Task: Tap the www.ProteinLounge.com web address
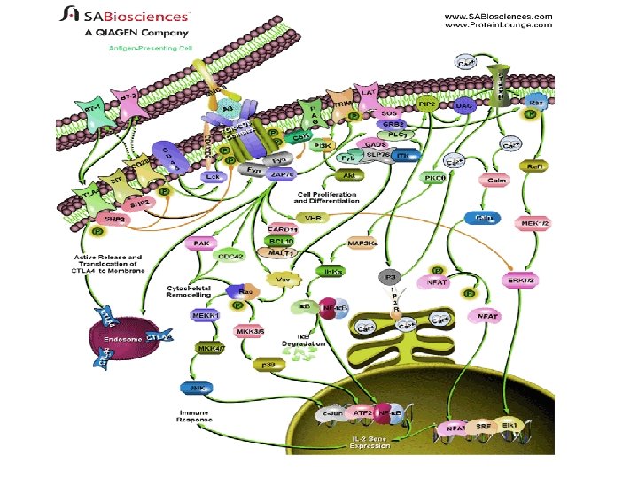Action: point(498,25)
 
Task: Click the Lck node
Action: point(212,177)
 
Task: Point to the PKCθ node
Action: point(435,178)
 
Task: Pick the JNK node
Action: point(193,387)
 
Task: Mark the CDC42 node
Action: point(232,256)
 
